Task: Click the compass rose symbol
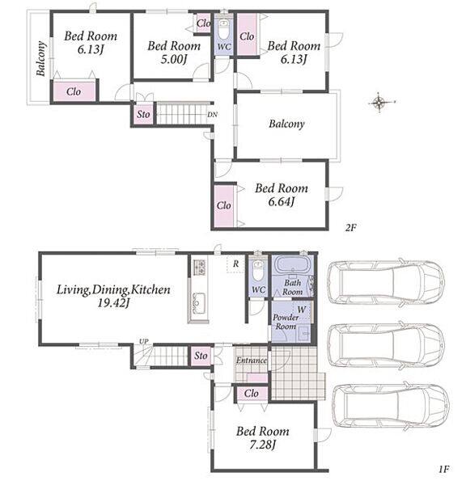pyautogui.click(x=380, y=103)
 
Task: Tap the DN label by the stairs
pyautogui.click(x=212, y=115)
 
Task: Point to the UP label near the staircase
pyautogui.click(x=144, y=341)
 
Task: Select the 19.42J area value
pyautogui.click(x=113, y=303)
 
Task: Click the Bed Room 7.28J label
pyautogui.click(x=263, y=438)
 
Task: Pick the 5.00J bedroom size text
pyautogui.click(x=174, y=59)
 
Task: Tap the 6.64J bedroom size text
pyautogui.click(x=282, y=201)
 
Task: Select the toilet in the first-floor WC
pyautogui.click(x=258, y=270)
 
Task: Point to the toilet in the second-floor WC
pyautogui.click(x=223, y=28)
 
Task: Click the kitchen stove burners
pyautogui.click(x=200, y=268)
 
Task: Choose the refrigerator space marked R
pyautogui.click(x=235, y=264)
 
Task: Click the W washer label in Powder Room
pyautogui.click(x=302, y=310)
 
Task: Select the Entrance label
pyautogui.click(x=252, y=361)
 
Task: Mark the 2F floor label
pyautogui.click(x=351, y=228)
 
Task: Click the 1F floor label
pyautogui.click(x=443, y=469)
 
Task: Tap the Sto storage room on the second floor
pyautogui.click(x=143, y=114)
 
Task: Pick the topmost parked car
pyautogui.click(x=386, y=282)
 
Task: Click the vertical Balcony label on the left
pyautogui.click(x=40, y=58)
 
